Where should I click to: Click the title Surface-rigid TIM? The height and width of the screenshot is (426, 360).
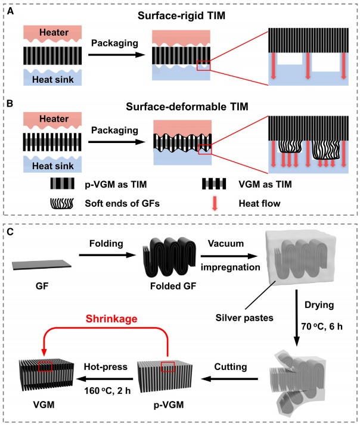pos(180,13)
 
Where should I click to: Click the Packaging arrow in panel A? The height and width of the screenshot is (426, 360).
pos(116,55)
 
